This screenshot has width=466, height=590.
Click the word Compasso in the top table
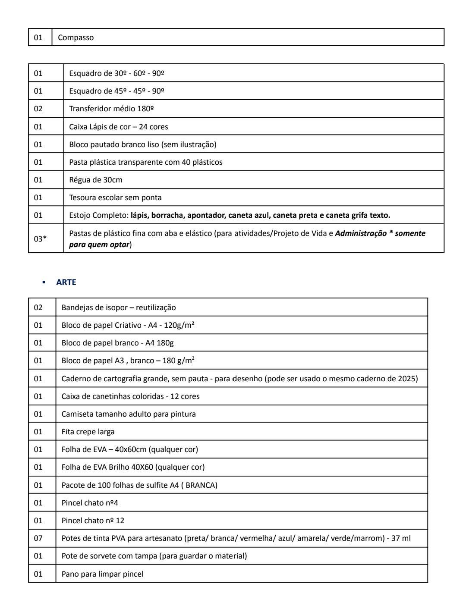pyautogui.click(x=76, y=38)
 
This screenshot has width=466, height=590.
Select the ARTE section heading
pyautogui.click(x=66, y=282)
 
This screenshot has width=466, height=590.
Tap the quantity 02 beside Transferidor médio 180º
pyautogui.click(x=38, y=109)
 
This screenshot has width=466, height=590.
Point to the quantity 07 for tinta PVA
pyautogui.click(x=38, y=538)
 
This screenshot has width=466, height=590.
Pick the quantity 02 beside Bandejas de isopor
pyautogui.click(x=38, y=308)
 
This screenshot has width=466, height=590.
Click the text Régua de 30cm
pyautogui.click(x=96, y=180)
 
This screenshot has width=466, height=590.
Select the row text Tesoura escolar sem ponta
pyautogui.click(x=115, y=198)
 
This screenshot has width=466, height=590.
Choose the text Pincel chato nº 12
pyautogui.click(x=93, y=521)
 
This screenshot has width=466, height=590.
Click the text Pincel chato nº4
pyautogui.click(x=90, y=503)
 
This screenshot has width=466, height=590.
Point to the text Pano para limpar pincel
pyautogui.click(x=102, y=574)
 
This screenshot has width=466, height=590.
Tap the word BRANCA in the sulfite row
pyautogui.click(x=200, y=485)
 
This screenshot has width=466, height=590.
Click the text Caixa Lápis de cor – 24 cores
pyautogui.click(x=119, y=127)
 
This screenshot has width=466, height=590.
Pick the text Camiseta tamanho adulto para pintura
pyautogui.click(x=129, y=414)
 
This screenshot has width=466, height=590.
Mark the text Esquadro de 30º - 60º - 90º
pyautogui.click(x=116, y=73)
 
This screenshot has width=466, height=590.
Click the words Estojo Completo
pyautogui.click(x=99, y=215)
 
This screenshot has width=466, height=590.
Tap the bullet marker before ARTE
pyautogui.click(x=44, y=282)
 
